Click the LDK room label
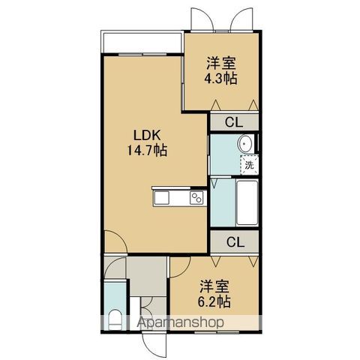[147, 135]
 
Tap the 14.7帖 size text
[147, 150]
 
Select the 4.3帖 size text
[220, 79]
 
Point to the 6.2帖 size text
[214, 301]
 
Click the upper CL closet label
[234, 122]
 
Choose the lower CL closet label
[235, 242]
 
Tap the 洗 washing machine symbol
[249, 165]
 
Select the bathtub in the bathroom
[247, 202]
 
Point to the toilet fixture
[115, 319]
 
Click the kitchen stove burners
[196, 198]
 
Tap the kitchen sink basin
[161, 198]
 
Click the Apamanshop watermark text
[180, 322]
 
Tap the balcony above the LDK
[142, 42]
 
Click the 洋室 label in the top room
[221, 63]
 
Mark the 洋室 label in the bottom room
[214, 286]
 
